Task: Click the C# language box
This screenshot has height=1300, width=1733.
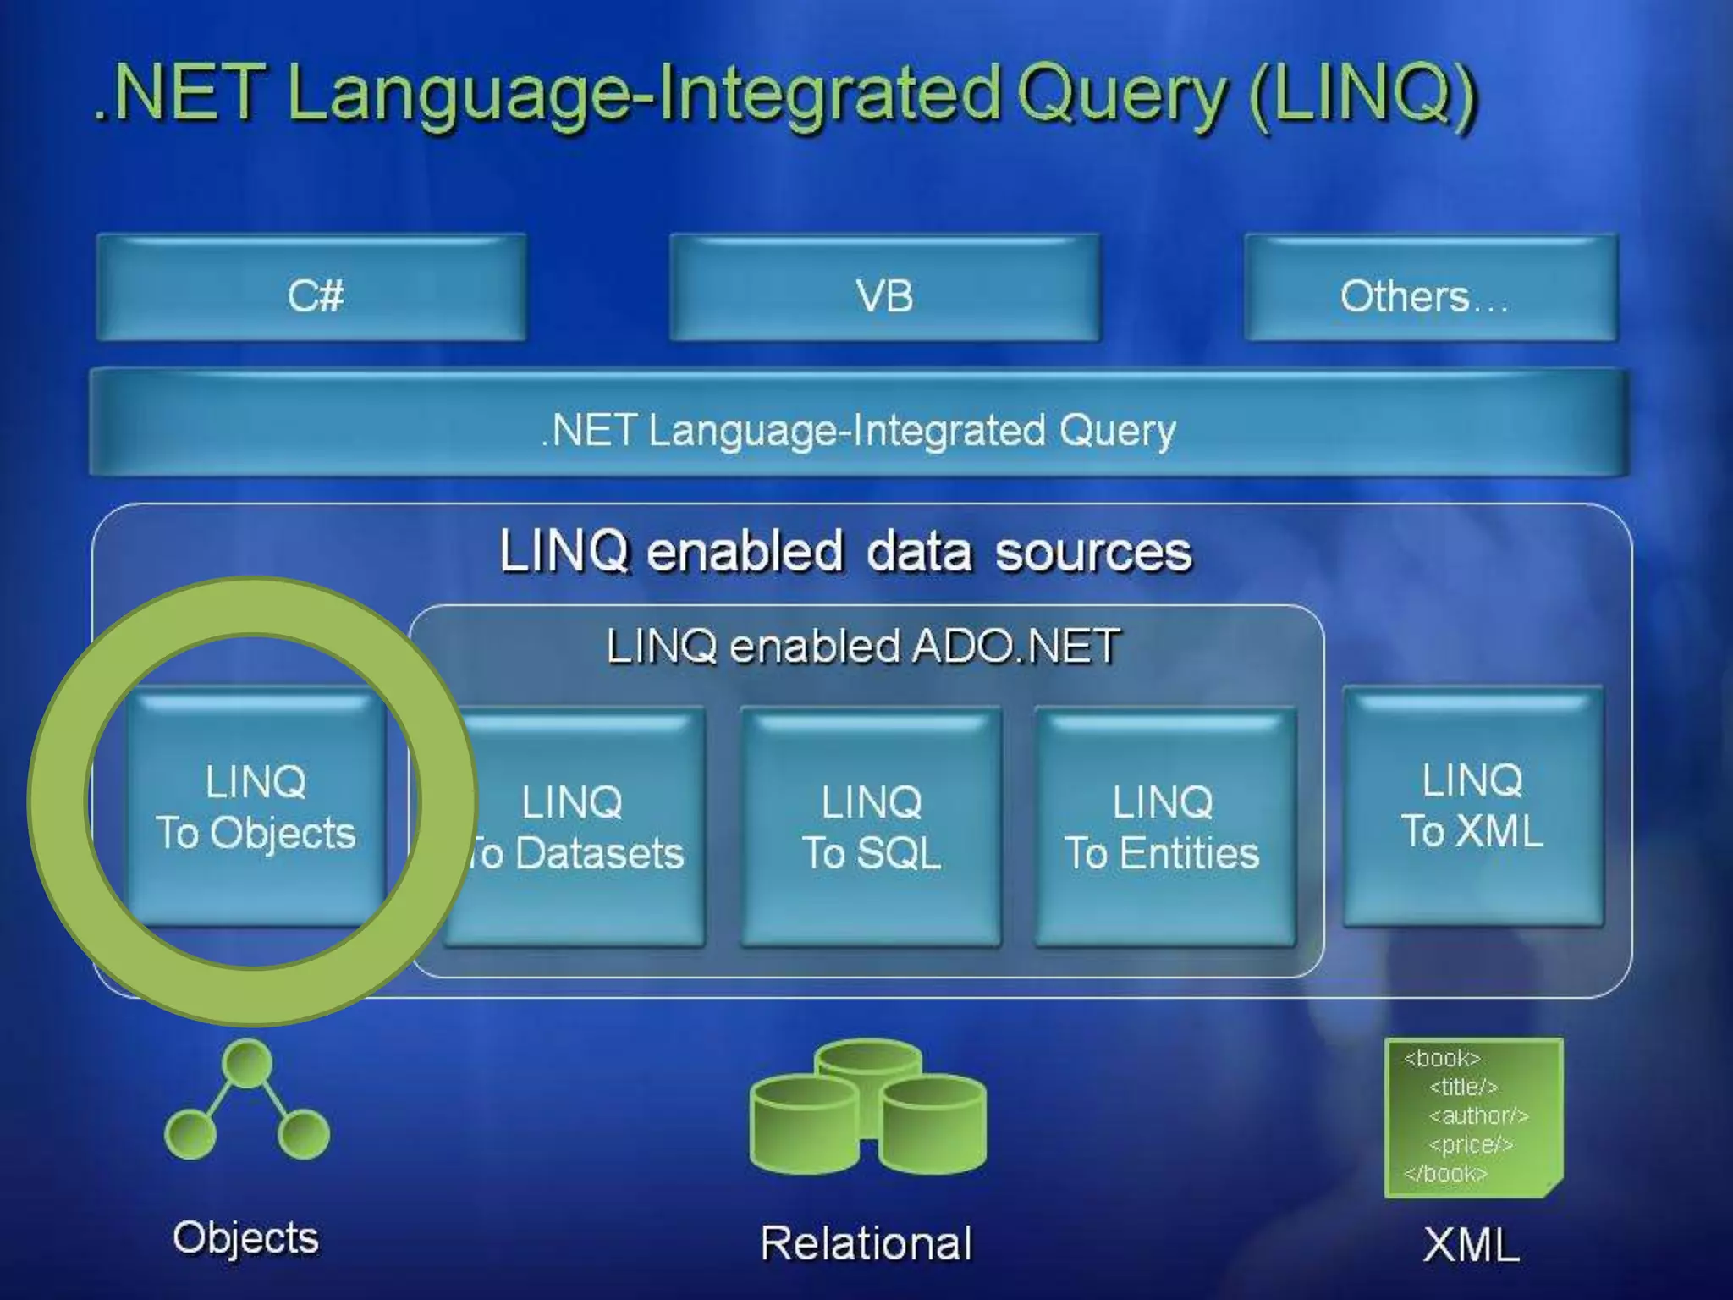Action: click(x=311, y=289)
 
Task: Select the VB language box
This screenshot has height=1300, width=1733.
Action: click(x=884, y=289)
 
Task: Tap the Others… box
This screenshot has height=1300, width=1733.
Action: click(x=1430, y=289)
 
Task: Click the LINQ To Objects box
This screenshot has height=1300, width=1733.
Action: click(x=256, y=807)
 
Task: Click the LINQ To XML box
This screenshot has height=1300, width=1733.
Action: click(x=1472, y=807)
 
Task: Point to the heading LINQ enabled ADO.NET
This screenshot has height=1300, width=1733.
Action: click(x=864, y=647)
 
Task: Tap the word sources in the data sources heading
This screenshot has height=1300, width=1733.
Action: click(x=1092, y=553)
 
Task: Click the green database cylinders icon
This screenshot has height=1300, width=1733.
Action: click(x=867, y=1107)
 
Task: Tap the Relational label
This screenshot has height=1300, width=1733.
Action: click(x=866, y=1243)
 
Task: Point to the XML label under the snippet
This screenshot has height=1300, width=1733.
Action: click(x=1472, y=1246)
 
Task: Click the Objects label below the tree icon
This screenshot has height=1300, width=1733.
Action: click(x=246, y=1238)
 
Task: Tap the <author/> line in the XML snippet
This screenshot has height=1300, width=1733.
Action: click(x=1478, y=1116)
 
